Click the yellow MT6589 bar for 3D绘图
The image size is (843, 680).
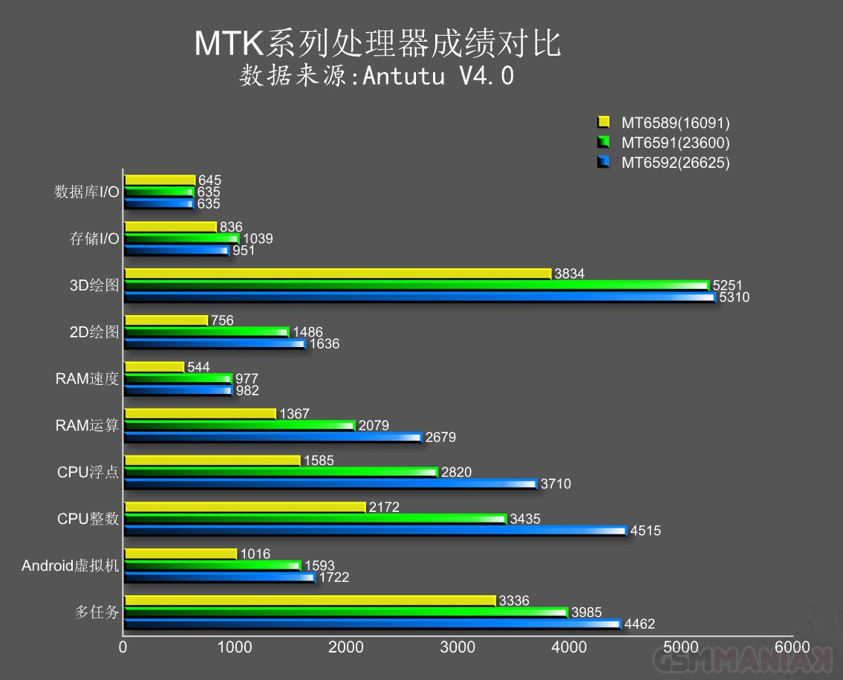point(338,273)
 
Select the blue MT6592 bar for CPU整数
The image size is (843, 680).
point(375,531)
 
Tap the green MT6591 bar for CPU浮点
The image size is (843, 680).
point(281,472)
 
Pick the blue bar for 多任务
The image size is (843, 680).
point(371,624)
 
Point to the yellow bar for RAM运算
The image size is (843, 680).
point(200,413)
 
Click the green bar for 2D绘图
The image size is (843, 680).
point(206,332)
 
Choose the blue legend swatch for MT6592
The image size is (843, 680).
point(604,163)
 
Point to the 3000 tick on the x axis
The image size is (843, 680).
point(458,647)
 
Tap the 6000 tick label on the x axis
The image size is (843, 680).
point(792,647)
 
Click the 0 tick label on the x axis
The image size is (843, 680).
point(123,647)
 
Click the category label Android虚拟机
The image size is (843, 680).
point(70,566)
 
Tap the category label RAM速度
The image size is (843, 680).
point(87,379)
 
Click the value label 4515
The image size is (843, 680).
point(645,531)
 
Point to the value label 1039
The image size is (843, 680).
point(258,239)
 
